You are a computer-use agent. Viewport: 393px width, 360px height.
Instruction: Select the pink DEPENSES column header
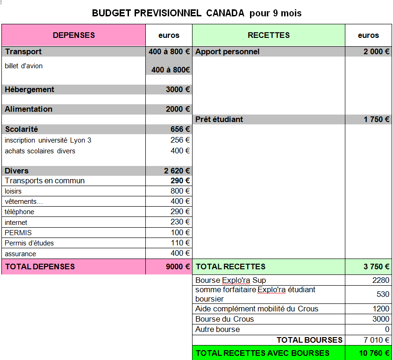pos(74,36)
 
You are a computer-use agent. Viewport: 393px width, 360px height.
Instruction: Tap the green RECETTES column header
pos(269,36)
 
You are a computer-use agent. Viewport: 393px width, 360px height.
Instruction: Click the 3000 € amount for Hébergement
pos(178,90)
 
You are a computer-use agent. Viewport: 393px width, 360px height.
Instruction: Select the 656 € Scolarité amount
pos(180,130)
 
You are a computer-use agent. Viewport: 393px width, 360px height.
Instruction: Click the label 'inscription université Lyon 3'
pos(48,140)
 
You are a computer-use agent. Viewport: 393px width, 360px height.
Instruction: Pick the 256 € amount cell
pos(180,140)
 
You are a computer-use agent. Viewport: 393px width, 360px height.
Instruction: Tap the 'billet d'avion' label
pos(24,66)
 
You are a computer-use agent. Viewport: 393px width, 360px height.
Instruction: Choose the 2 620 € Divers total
pos(177,171)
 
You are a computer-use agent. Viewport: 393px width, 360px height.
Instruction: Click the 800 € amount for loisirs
pos(180,191)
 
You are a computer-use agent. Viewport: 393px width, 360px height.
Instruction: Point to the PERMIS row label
pos(18,233)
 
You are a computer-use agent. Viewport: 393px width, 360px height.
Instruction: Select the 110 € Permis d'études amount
pos(180,243)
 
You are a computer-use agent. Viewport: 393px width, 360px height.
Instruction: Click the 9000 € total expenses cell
pos(178,267)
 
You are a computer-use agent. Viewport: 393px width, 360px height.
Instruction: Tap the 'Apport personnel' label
pos(228,52)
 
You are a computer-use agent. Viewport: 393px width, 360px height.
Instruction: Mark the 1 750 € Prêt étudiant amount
pos(376,120)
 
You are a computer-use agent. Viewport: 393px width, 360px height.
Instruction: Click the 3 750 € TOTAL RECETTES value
pos(376,267)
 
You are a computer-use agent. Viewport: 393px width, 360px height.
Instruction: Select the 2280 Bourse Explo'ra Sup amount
pos(380,281)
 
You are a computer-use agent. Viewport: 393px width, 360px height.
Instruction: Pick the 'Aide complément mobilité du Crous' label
pos(257,309)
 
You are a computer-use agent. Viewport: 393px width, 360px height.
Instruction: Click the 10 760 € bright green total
pos(374,353)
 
